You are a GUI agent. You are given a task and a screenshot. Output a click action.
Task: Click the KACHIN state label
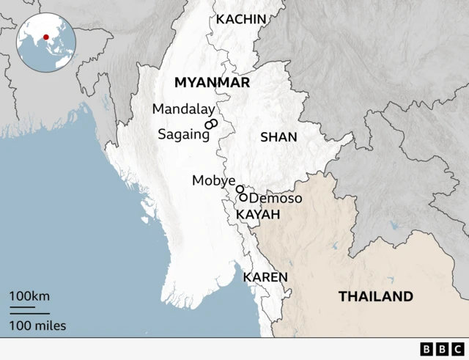pos(241,19)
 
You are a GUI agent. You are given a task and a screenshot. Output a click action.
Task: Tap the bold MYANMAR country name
pos(212,83)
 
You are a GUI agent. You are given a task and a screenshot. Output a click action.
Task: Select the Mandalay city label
pos(183,109)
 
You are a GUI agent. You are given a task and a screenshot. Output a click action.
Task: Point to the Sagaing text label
pos(179,135)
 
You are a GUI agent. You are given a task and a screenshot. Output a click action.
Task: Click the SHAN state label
pos(278,137)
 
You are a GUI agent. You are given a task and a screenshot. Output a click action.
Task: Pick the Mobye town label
pos(213,180)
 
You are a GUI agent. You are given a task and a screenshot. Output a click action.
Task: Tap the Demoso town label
pos(276,199)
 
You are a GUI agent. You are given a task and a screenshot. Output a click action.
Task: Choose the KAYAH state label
pos(258,214)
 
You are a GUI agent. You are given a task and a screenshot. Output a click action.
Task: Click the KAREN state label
pos(265,276)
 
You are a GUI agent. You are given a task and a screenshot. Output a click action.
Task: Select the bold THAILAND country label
pos(375,296)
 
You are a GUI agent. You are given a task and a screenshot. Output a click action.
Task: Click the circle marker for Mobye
pos(240,189)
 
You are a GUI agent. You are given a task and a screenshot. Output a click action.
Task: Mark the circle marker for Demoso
pos(243,197)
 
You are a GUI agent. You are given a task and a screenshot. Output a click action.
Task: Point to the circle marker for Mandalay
pos(212,122)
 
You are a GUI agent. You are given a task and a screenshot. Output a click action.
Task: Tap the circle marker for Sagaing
pos(209,126)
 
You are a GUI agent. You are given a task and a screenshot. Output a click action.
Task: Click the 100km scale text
pos(29,295)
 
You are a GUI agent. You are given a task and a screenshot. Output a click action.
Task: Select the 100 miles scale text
pos(37,325)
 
